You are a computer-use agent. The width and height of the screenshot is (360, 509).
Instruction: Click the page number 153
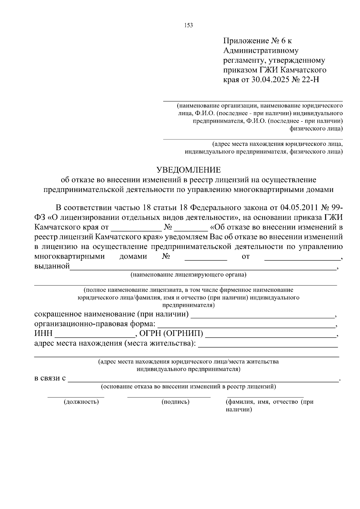point(188,25)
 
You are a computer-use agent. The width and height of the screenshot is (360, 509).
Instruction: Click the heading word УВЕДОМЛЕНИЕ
point(189,170)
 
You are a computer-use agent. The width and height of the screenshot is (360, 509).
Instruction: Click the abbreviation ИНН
point(43,334)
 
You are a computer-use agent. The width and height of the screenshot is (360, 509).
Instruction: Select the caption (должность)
point(81,402)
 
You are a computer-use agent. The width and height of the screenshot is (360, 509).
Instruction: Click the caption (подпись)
point(175,402)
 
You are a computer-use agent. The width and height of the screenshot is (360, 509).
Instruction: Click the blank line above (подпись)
point(169,397)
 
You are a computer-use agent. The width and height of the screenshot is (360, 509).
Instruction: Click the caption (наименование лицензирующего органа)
point(188,275)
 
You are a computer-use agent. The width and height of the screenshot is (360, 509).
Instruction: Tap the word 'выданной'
point(52,266)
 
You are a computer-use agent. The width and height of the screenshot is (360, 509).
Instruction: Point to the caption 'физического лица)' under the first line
point(316,129)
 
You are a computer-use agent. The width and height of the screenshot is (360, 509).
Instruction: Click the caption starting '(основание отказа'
point(188,386)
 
